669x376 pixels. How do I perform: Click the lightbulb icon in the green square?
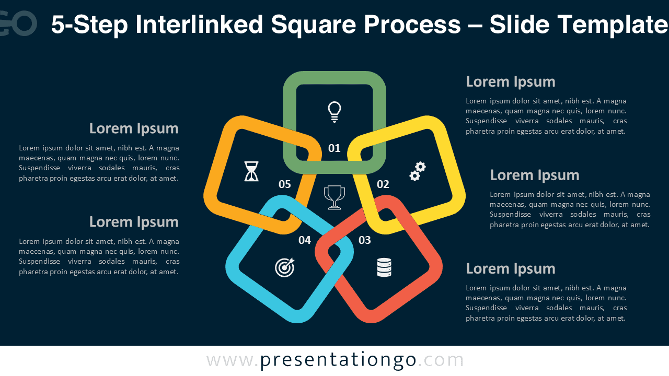tap(334, 111)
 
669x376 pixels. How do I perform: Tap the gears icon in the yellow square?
tap(418, 171)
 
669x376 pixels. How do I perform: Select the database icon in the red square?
tap(384, 267)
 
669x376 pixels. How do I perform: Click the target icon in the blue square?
tap(285, 267)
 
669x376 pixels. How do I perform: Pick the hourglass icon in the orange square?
tap(251, 171)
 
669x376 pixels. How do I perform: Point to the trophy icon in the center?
tap(334, 197)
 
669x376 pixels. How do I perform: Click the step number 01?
tap(334, 148)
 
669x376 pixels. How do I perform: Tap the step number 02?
tap(383, 184)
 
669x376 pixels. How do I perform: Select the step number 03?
tap(364, 240)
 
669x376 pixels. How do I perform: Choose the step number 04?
tap(305, 240)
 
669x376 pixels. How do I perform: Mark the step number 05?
tap(285, 184)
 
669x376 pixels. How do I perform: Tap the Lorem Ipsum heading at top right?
tap(510, 81)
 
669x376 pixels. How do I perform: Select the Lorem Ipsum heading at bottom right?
tap(510, 268)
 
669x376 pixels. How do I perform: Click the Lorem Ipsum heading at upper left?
tap(134, 128)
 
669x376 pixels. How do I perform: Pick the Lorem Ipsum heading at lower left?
tap(134, 222)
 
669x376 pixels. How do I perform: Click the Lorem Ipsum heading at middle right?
tap(534, 175)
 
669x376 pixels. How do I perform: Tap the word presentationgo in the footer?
tap(338, 360)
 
